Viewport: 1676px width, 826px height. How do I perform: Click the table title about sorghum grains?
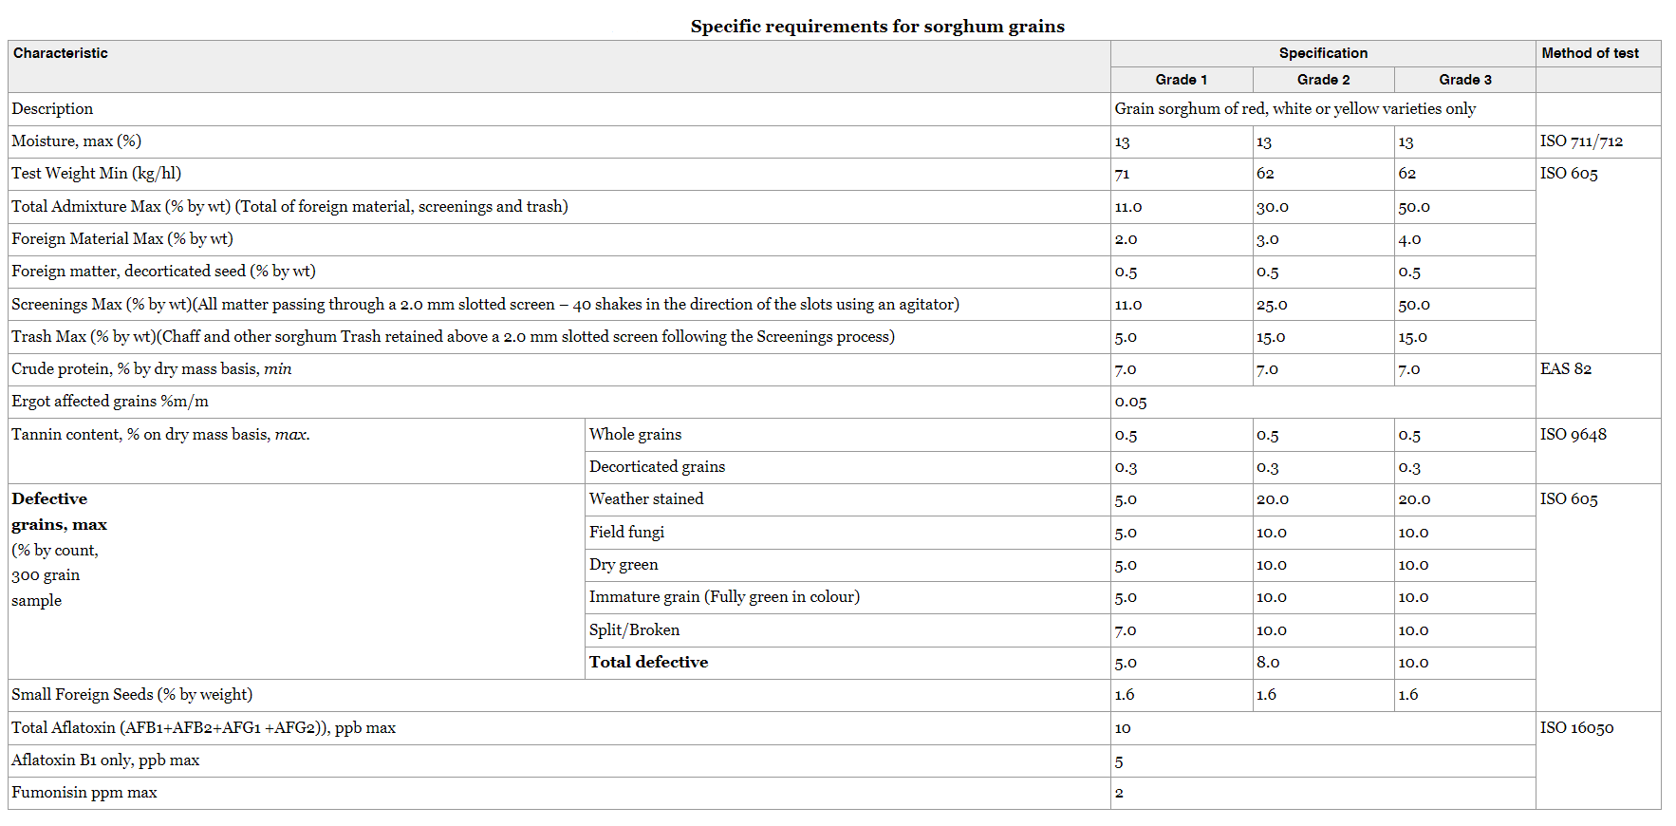[x=877, y=27]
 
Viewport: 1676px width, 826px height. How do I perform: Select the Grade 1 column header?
[x=1181, y=80]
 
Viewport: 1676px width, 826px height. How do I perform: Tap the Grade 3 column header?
[x=1464, y=80]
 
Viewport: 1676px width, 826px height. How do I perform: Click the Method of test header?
[x=1590, y=53]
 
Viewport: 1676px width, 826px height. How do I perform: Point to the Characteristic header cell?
[x=61, y=53]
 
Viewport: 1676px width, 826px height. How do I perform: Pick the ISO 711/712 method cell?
[x=1581, y=141]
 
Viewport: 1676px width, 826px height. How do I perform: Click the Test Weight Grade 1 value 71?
[x=1123, y=174]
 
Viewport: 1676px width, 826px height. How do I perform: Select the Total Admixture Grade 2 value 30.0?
[x=1273, y=207]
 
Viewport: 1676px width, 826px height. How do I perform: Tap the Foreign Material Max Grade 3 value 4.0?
[x=1409, y=239]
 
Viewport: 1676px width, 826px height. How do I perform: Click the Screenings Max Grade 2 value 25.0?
[x=1272, y=305]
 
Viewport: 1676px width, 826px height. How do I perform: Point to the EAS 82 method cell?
[x=1566, y=369]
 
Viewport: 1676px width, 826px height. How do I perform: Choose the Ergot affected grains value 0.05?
[x=1130, y=402]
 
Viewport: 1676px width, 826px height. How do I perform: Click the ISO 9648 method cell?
[x=1573, y=435]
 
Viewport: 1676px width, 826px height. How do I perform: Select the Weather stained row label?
[x=646, y=499]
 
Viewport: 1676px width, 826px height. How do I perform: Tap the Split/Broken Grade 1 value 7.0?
[x=1126, y=630]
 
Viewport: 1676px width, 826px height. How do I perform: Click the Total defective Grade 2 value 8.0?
[x=1268, y=663]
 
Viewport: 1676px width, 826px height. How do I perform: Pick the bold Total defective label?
[x=648, y=663]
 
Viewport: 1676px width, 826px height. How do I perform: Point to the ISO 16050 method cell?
[x=1576, y=728]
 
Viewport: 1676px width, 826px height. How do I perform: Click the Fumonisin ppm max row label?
[x=84, y=793]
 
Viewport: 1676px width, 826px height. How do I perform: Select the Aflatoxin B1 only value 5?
[x=1119, y=761]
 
